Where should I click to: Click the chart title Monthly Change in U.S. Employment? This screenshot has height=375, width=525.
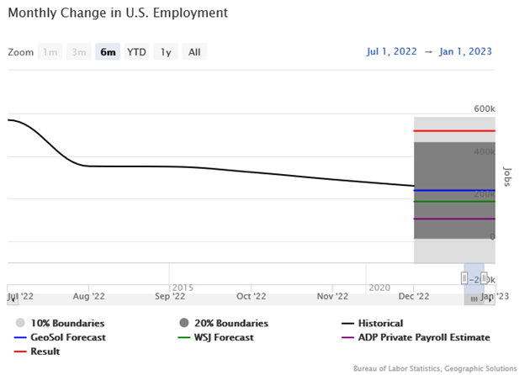click(118, 14)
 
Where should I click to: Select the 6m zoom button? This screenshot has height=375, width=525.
click(108, 52)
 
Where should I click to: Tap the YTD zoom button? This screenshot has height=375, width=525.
click(136, 52)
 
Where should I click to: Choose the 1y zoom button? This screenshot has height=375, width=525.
click(166, 52)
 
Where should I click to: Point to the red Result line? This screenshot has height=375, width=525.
click(454, 131)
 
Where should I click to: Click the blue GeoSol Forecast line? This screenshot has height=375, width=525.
click(454, 191)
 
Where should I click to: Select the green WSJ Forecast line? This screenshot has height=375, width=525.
click(454, 202)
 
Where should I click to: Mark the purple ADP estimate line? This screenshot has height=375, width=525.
click(454, 219)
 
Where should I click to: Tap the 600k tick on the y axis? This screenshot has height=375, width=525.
click(484, 109)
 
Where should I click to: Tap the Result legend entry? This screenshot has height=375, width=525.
click(45, 351)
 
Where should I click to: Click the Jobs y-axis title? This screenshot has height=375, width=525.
click(506, 176)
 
